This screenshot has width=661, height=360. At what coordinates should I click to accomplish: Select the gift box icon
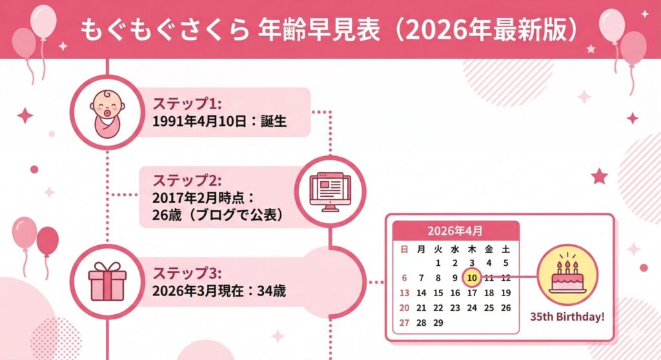click(x=107, y=282)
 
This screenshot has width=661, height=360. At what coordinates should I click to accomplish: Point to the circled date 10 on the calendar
click(x=471, y=277)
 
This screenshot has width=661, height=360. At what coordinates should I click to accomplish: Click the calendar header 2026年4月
click(x=455, y=230)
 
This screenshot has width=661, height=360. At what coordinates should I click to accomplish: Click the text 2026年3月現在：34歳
click(x=219, y=291)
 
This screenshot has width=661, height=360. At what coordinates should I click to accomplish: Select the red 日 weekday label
click(x=404, y=248)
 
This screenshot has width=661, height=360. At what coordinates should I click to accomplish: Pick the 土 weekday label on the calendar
click(x=505, y=248)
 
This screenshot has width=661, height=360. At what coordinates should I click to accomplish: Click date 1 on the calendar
click(x=438, y=263)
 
